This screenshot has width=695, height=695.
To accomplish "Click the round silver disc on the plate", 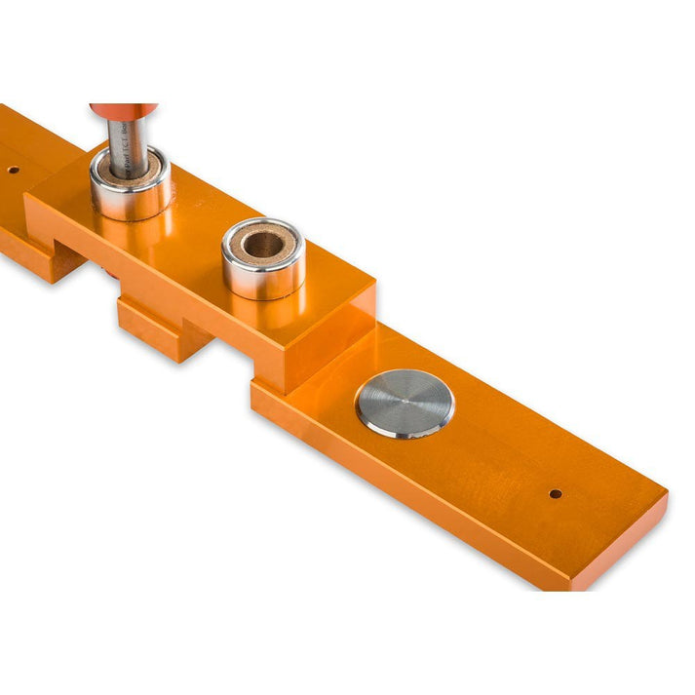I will coord(405,403).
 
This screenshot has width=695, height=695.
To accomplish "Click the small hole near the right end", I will coord(555,493).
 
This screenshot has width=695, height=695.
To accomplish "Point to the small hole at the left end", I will coord(14,170).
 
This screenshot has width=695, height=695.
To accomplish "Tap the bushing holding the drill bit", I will coord(131,185).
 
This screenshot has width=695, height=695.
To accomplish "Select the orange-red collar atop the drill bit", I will coord(123,110).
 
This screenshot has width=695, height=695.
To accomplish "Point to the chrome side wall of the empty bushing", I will coord(263,277).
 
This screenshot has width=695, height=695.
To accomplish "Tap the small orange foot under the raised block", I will coord(161,331).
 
